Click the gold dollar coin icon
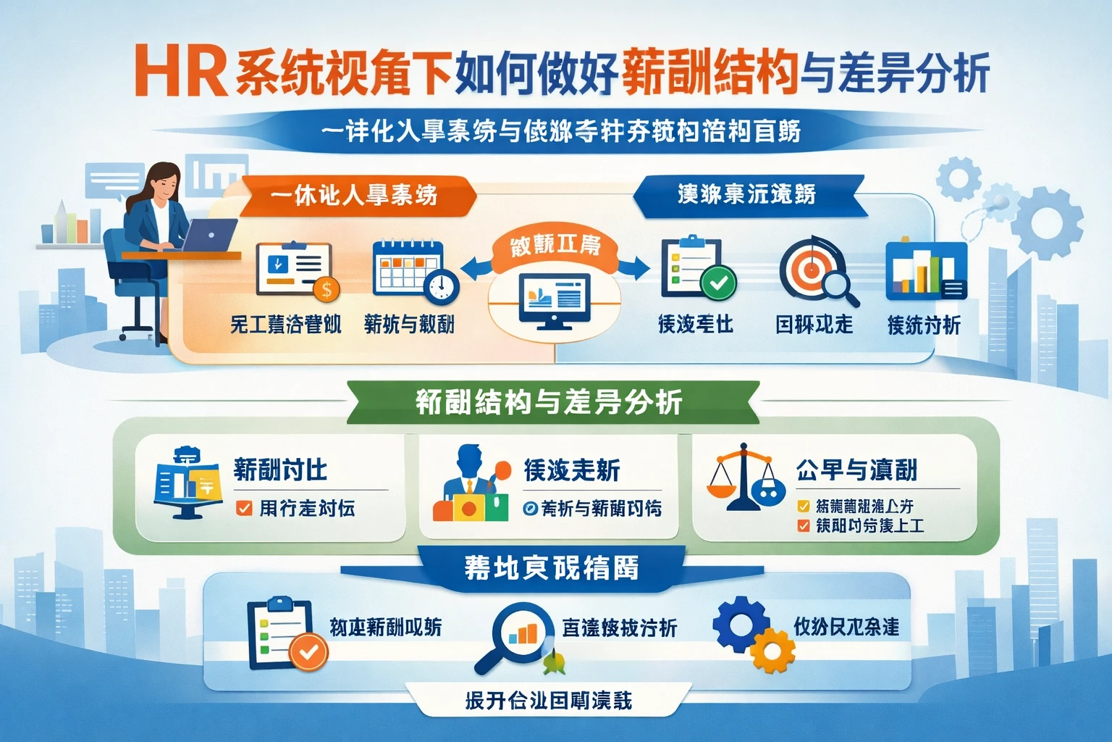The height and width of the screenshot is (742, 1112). pos(327,289)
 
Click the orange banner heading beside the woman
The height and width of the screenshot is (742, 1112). pos(355,195)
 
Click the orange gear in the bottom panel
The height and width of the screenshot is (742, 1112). pos(772,651)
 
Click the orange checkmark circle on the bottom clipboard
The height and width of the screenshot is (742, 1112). pos(308,651)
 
